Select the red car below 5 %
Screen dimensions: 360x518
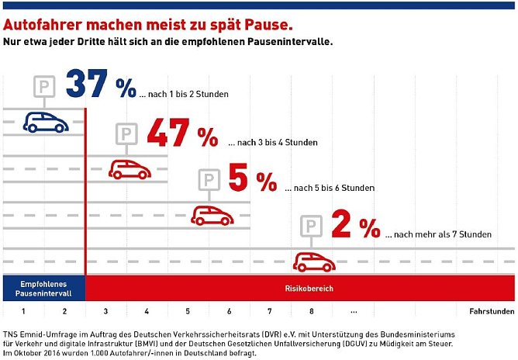tap(212, 214)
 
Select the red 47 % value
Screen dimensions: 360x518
tap(182, 134)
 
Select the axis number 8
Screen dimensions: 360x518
tap(312, 311)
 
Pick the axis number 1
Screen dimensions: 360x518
tap(24, 311)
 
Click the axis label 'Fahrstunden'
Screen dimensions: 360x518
tap(492, 311)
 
